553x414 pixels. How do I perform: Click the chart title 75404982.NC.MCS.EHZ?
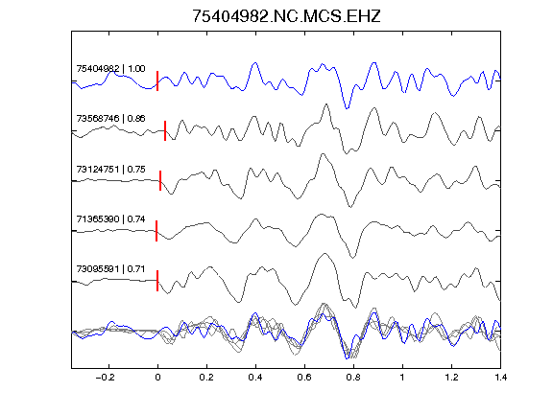pos(286,16)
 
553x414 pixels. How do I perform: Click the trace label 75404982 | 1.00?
pos(110,68)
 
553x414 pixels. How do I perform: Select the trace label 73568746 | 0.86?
pos(110,118)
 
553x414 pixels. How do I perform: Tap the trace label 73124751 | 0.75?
pos(110,170)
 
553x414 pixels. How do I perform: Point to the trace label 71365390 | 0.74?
pos(110,219)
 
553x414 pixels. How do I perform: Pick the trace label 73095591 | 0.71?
pos(110,269)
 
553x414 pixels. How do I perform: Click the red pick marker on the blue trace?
pos(157,80)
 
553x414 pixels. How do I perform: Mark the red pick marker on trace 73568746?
pos(165,130)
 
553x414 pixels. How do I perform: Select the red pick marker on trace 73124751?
pos(160,180)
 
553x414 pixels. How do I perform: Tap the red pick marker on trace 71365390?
pos(156,231)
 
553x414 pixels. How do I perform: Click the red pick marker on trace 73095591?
pos(157,281)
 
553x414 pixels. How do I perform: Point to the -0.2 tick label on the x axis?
pos(106,378)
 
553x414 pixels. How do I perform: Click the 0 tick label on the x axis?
pos(157,378)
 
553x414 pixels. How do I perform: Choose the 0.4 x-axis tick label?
pos(255,378)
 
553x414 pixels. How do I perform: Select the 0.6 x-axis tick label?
pos(304,378)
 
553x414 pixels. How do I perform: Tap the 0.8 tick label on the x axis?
pos(353,378)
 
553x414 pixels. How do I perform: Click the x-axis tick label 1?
pos(402,378)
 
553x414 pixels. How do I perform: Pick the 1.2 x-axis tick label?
pos(451,378)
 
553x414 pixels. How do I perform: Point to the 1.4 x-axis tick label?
pos(500,378)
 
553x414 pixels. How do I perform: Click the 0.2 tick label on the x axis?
pos(206,378)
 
